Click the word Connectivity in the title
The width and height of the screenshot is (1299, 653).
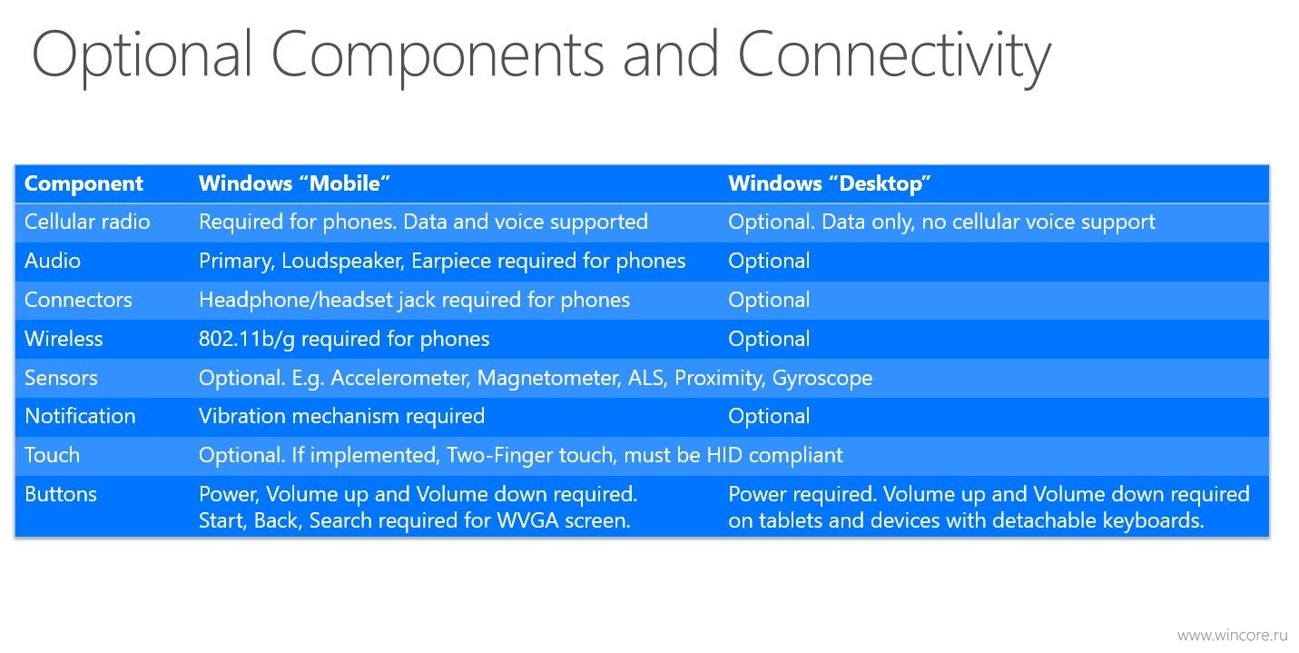click(x=893, y=56)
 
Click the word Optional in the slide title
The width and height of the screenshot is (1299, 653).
click(x=143, y=56)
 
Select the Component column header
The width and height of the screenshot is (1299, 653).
click(x=84, y=183)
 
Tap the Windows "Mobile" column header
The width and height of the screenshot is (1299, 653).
click(x=294, y=183)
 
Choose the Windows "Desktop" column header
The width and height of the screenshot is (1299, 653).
click(x=830, y=183)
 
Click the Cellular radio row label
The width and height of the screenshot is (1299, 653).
click(x=87, y=222)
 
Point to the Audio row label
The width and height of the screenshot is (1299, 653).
click(x=52, y=261)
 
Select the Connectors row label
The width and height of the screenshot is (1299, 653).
click(x=78, y=300)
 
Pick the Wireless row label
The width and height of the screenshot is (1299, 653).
click(x=64, y=339)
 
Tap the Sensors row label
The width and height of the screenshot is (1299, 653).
click(x=61, y=378)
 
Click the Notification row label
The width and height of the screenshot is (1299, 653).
click(x=80, y=416)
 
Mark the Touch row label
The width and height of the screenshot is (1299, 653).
click(x=52, y=455)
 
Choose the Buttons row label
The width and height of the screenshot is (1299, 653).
click(x=60, y=494)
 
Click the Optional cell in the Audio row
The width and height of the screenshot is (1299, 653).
click(x=769, y=262)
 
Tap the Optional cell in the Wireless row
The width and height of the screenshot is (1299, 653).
click(x=769, y=339)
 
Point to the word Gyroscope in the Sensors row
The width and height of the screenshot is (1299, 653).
click(x=822, y=379)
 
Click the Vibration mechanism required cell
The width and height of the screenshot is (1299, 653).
click(x=341, y=417)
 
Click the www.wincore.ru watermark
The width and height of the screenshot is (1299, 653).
click(x=1233, y=635)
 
